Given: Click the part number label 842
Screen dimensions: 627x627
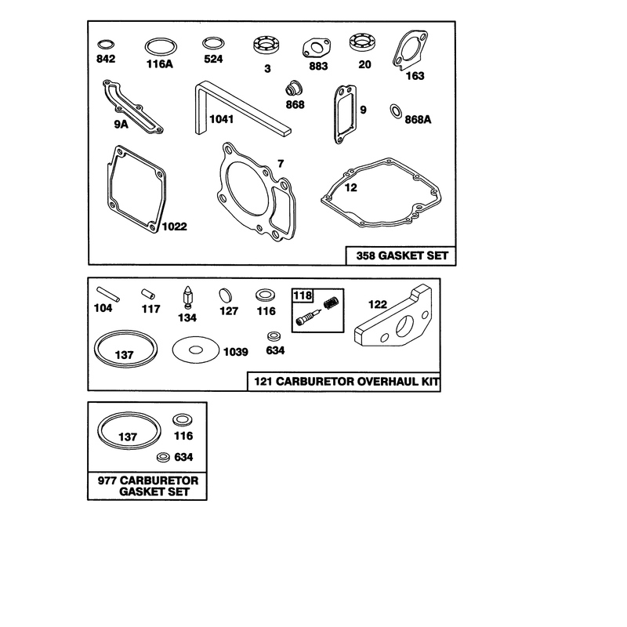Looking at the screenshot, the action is point(106,59).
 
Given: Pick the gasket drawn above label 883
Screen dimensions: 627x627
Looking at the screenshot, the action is point(317,49).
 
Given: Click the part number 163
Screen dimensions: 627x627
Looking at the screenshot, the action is point(415,75).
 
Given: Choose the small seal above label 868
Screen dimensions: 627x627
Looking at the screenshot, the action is point(294,88).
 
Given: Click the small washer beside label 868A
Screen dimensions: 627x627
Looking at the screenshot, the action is point(396,111).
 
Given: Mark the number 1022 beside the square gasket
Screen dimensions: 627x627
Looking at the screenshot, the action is point(174,227).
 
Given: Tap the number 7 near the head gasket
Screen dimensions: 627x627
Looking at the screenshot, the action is point(281,164).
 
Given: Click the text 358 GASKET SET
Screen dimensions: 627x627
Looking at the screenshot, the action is point(402,256).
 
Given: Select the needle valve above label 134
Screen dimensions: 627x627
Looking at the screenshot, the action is point(188,297).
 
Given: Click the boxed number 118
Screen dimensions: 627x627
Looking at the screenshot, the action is point(303,295).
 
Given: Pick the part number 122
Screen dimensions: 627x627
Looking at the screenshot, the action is point(378,304).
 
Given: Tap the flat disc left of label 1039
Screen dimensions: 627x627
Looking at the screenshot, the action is point(195,350).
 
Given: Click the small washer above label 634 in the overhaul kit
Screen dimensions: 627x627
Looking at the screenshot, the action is point(273,335).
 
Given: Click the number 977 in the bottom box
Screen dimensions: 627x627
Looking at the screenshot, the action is point(107,480).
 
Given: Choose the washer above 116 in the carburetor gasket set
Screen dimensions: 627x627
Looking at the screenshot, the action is point(183,420).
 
